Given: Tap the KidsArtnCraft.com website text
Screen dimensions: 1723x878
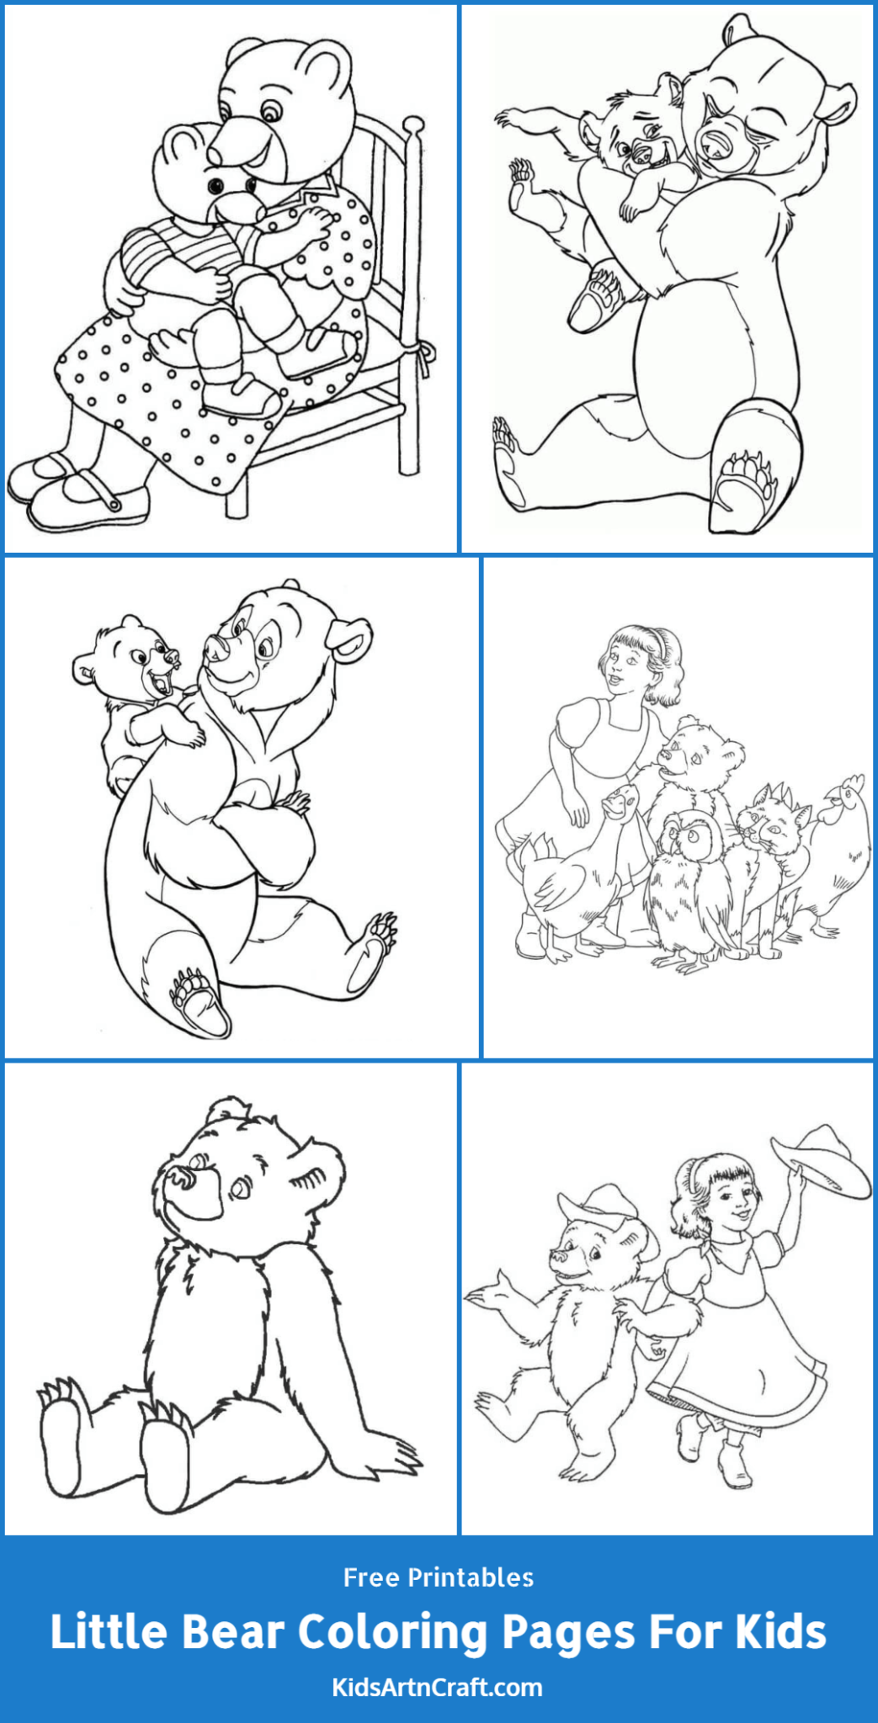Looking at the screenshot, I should pyautogui.click(x=438, y=1688).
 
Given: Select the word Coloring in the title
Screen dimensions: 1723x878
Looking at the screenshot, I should pyautogui.click(x=393, y=1632).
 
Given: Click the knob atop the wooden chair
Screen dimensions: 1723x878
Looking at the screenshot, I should pyautogui.click(x=412, y=126).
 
